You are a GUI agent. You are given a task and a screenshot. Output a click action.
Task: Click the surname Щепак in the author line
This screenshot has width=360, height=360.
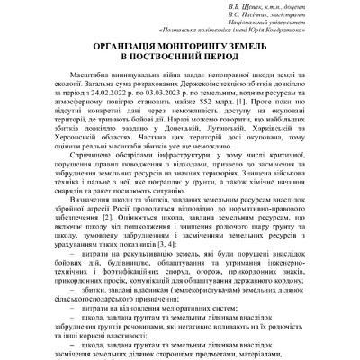click(254, 8)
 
